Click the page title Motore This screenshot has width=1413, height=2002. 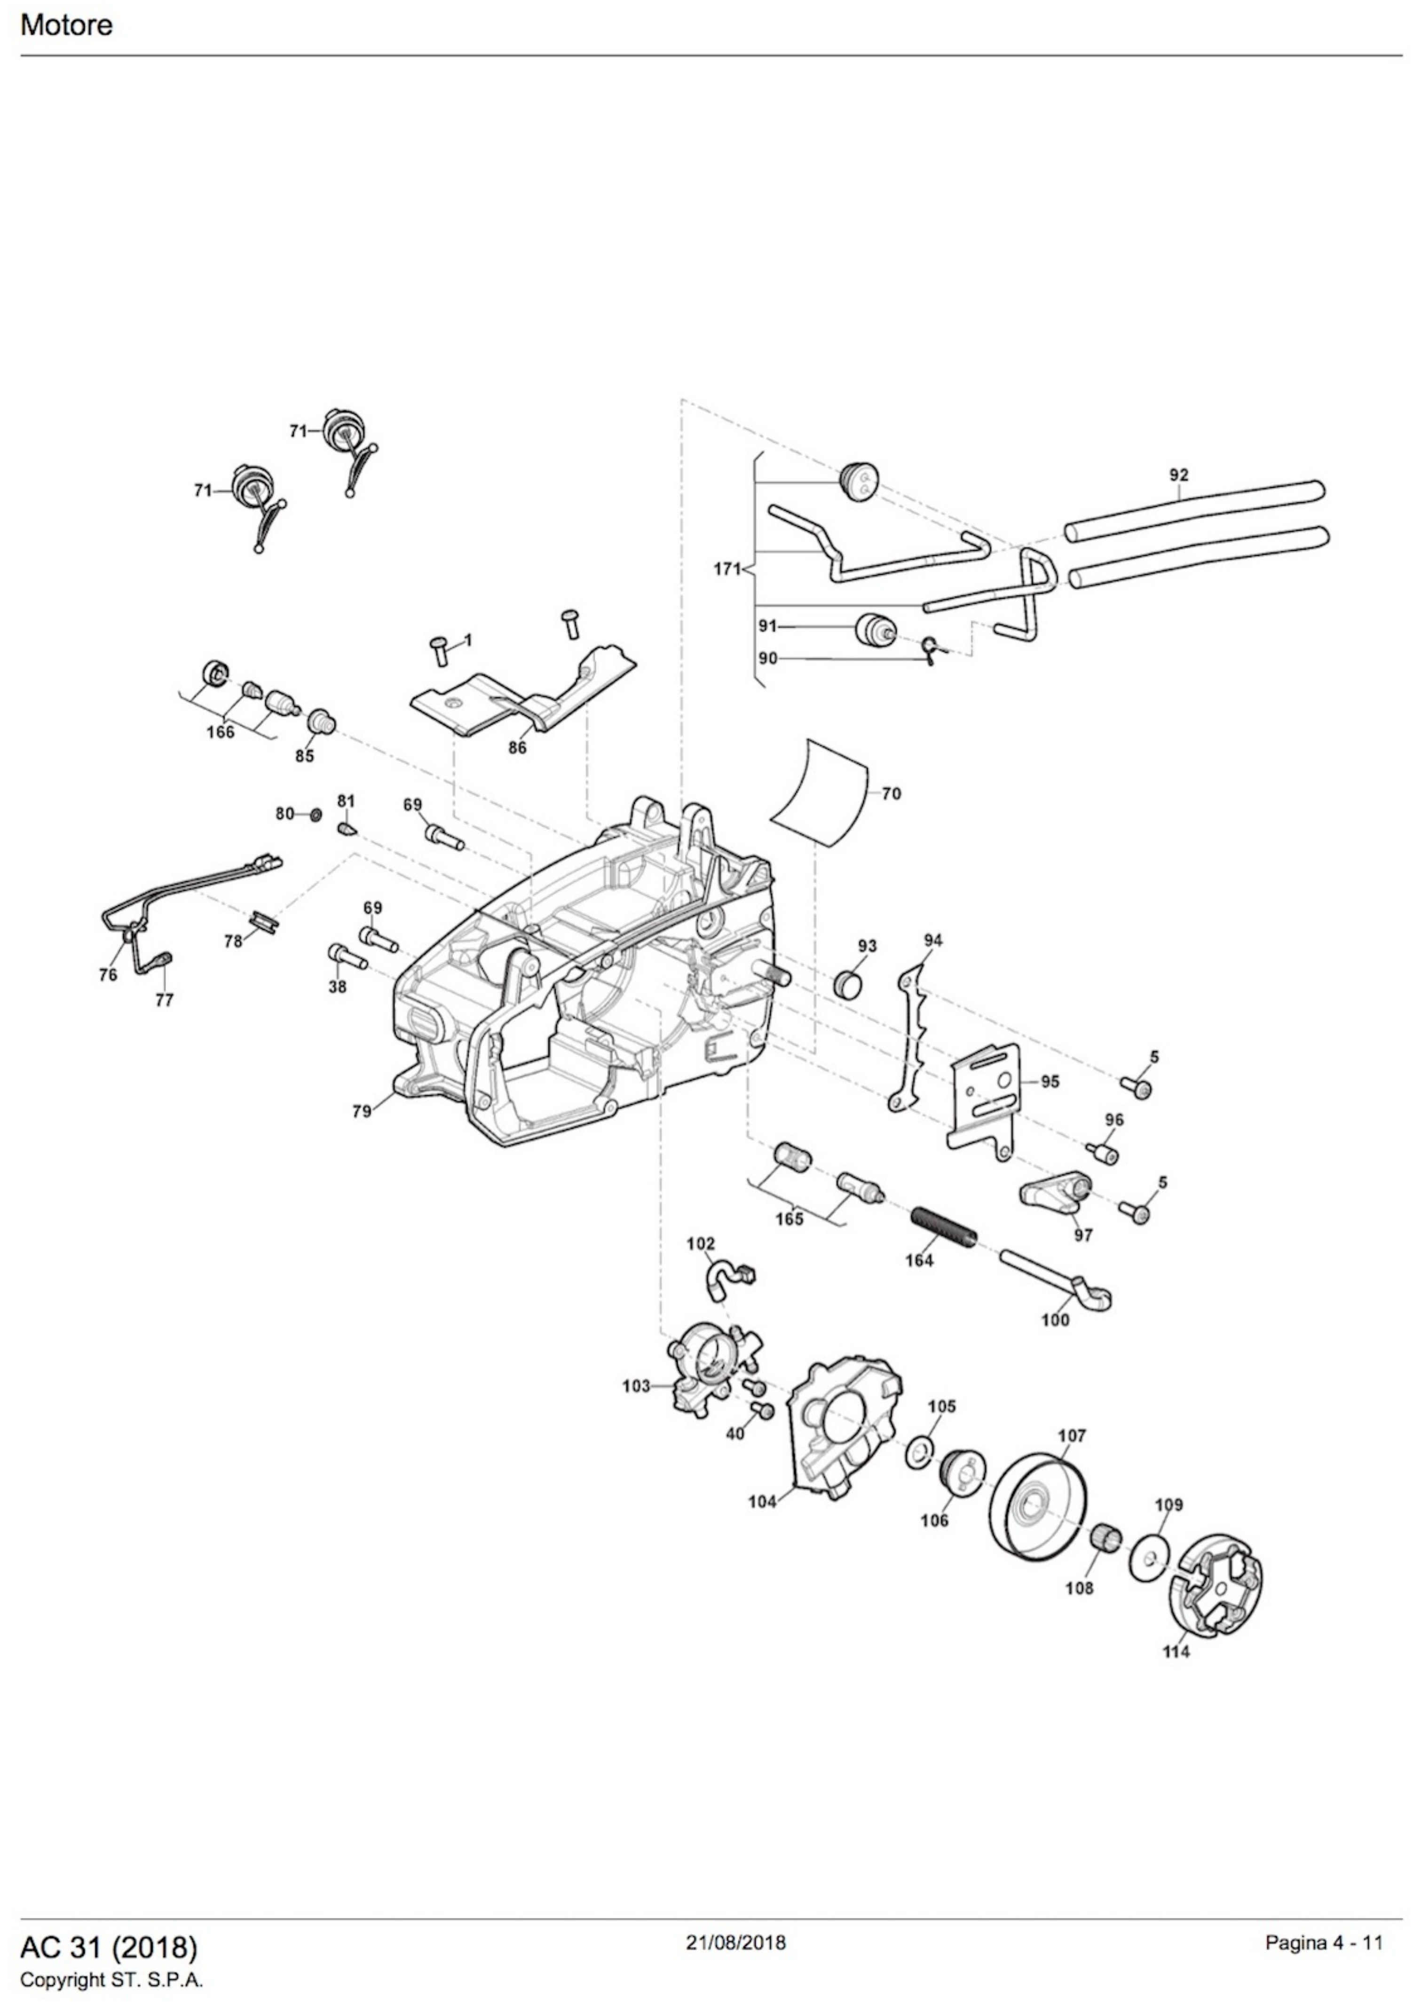coord(66,25)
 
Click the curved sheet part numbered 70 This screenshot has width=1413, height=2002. coord(820,792)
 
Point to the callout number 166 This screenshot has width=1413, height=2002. coord(221,732)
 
